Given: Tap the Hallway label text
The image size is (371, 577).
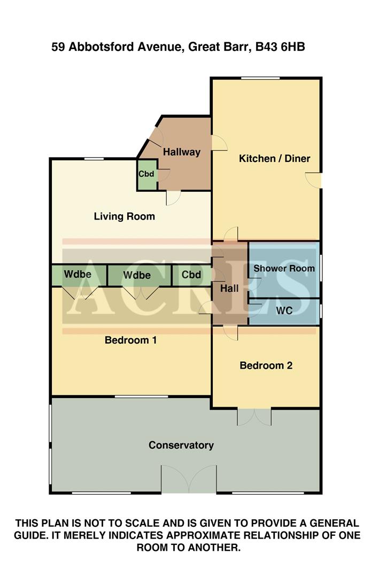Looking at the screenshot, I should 182,152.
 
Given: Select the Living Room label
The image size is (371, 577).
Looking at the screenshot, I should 124,216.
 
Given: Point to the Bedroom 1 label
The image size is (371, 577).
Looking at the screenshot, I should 130,340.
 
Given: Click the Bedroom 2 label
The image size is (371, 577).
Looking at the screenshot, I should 266,365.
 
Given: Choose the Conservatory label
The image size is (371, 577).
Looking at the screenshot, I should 181,445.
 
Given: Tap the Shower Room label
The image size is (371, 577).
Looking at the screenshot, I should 284,268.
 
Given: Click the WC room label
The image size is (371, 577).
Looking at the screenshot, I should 284,310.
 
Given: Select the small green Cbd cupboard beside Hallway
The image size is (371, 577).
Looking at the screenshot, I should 146,174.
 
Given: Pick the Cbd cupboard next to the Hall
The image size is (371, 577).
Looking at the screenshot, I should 191,275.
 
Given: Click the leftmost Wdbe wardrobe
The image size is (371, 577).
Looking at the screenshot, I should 78,275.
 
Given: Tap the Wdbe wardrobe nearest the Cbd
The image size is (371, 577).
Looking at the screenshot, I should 137,275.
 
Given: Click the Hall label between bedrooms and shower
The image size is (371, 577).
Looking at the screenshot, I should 229,288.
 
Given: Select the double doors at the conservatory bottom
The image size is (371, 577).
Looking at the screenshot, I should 189,479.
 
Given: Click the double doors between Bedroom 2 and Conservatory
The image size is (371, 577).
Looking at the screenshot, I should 254,416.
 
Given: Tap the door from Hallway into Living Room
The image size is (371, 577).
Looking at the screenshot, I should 173,198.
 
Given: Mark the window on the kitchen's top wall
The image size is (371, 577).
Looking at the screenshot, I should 260,79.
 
